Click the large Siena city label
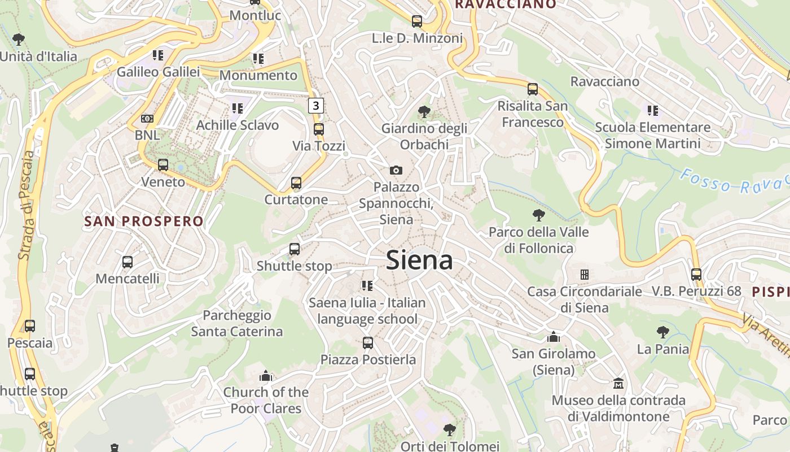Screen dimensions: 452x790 pos(420,260)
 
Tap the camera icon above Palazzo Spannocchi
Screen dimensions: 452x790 pos(396,170)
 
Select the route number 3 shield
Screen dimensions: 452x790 pos(316,105)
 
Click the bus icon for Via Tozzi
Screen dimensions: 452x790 pos(319,129)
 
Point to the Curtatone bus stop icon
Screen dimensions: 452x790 pos(296,183)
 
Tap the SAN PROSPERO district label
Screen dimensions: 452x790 pos(143,221)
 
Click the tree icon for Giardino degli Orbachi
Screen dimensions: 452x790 pos(424,112)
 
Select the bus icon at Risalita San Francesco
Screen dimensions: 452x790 pos(532,89)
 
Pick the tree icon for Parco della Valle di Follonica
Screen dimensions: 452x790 pos(538,215)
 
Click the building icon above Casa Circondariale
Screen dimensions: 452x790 pos(585,275)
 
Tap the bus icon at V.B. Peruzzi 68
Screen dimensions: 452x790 pos(696,275)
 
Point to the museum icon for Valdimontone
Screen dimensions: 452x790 pos(618,384)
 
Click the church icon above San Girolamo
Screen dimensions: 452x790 pos(554,337)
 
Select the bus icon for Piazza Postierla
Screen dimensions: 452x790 pos(368,343)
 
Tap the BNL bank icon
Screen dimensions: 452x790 pos(147,119)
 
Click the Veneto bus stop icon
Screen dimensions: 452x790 pos(163,166)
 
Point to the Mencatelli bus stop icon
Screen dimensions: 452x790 pos(128,262)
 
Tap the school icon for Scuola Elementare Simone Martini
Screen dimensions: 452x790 pos(652,111)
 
